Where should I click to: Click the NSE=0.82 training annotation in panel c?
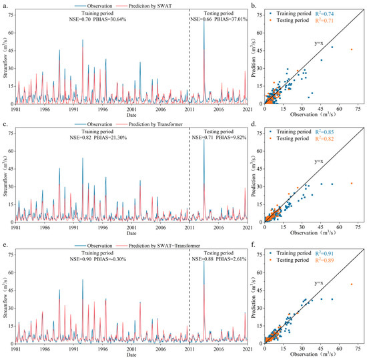[85, 139]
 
